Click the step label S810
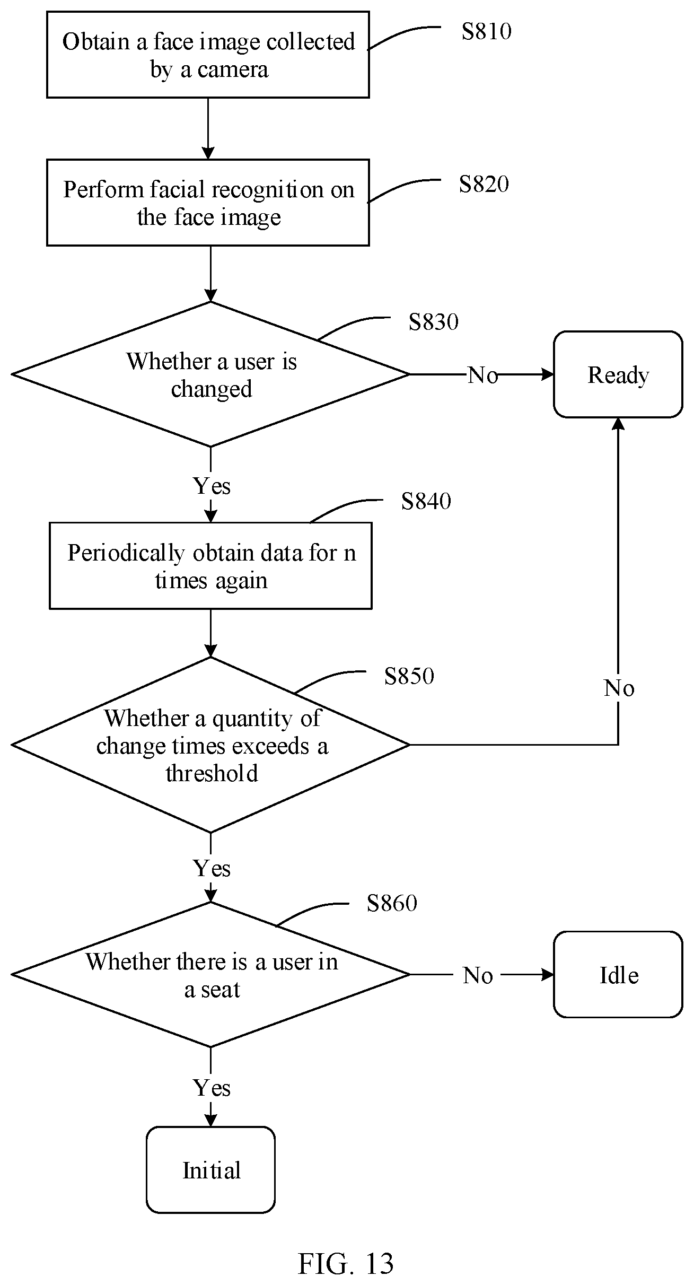pos(486,31)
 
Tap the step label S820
pos(484,184)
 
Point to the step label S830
pos(433,322)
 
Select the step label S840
pos(426,501)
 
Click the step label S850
pos(409,676)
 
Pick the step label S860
pos(392,903)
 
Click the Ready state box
pos(618,374)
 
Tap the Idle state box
pos(618,974)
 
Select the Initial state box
pos(210,1170)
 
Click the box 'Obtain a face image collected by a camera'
pos(208,55)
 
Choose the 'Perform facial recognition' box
pos(208,203)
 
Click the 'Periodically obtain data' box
pos(210,565)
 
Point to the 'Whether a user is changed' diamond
pos(210,374)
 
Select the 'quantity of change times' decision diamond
pos(210,745)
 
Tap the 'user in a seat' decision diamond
pos(210,974)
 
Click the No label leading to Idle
pos(478,975)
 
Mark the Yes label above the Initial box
pos(212,1088)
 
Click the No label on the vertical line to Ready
pos(619,688)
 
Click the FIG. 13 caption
pos(346,1264)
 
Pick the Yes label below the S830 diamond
pos(212,486)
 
